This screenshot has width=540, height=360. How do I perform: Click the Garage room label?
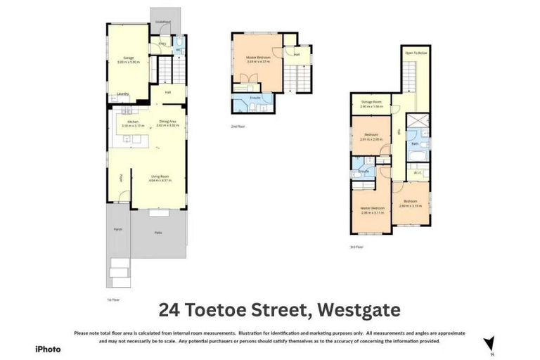point(129,58)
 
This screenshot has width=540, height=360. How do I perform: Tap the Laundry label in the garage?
point(122,93)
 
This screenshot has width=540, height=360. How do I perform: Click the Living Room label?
point(160,176)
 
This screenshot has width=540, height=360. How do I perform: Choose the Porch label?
point(118,229)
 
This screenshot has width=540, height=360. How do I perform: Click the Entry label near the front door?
point(162,44)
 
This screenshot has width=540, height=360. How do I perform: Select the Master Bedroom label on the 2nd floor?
point(257,57)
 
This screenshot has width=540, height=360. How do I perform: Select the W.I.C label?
point(417,172)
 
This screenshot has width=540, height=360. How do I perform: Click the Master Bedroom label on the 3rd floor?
point(372,208)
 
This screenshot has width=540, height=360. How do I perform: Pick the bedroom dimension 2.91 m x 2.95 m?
point(371,139)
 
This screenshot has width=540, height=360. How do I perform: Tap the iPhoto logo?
point(48,349)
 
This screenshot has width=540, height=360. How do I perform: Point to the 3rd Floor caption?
point(356,247)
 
